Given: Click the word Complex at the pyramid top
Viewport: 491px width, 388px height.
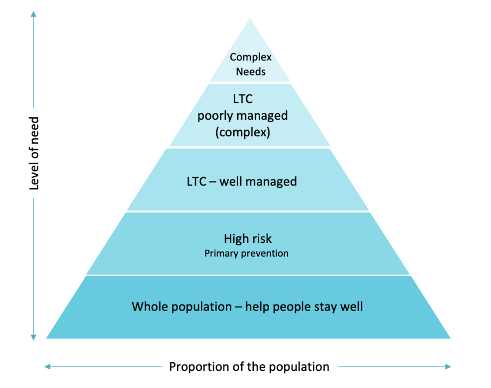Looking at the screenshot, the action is (x=250, y=57).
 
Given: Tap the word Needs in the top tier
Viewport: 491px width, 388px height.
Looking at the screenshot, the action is (x=250, y=72).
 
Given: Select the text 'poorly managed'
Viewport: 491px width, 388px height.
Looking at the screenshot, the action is (x=243, y=116).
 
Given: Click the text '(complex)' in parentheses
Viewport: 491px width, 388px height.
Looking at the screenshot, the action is (x=243, y=132).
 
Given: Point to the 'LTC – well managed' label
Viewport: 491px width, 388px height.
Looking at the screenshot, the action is (x=242, y=182).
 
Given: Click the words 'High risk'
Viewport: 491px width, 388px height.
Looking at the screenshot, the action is (x=247, y=239).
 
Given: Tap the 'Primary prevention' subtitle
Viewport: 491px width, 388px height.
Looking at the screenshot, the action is (x=246, y=254).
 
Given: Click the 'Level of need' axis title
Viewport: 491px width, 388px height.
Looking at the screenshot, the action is (x=34, y=154).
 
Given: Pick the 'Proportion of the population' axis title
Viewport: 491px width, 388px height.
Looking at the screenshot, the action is (x=249, y=367).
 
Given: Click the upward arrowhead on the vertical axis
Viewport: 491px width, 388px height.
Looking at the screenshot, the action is (x=33, y=14).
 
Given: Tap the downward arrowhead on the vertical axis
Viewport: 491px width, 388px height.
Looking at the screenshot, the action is (x=33, y=337).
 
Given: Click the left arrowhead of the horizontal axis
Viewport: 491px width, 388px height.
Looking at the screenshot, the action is (x=47, y=367).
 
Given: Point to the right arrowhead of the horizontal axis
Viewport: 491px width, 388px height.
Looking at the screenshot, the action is (x=448, y=367).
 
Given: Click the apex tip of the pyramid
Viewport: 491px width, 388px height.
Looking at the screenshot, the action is (x=250, y=19).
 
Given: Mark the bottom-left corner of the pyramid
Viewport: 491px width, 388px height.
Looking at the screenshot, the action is (x=46, y=338).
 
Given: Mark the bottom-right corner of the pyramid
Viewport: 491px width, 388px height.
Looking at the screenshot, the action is (x=450, y=338).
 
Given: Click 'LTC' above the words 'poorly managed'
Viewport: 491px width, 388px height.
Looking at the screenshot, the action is (x=243, y=99).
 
